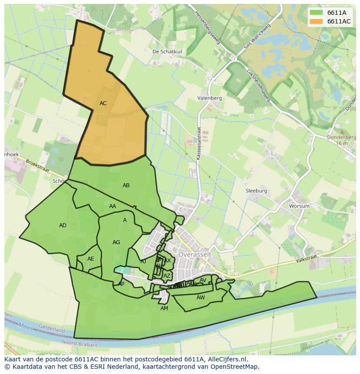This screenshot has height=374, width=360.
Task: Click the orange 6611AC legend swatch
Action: coord(317,21)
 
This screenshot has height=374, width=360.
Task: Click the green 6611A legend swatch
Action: coord(317,13)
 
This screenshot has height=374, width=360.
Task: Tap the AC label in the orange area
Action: coord(103,103)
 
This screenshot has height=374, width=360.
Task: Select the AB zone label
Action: coord(126,185)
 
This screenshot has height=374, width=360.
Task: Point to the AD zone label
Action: coord(63,225)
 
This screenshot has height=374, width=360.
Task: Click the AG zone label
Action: coord(116,242)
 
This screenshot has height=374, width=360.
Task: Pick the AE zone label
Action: coord(90,259)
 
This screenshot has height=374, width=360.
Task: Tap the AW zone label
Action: coord(200,298)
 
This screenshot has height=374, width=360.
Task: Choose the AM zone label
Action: coord(164,308)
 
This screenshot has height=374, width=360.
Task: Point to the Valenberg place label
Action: coord(210,98)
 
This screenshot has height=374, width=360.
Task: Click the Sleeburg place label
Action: coord(256,191)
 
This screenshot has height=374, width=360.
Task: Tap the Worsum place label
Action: coord(299,206)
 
